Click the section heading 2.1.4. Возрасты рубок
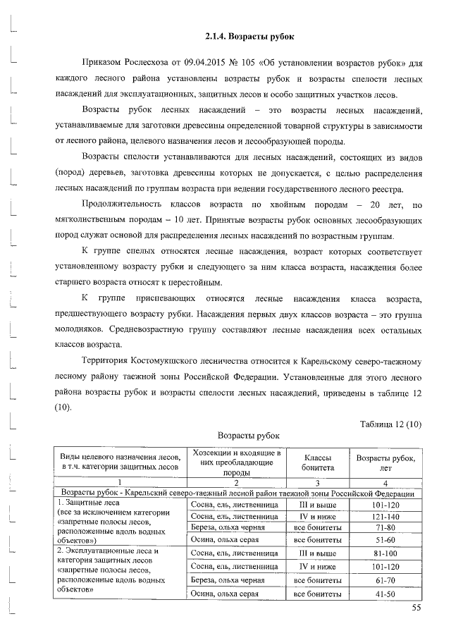pyautogui.click(x=244, y=36)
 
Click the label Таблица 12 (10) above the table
pyautogui.click(x=390, y=423)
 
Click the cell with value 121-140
pyautogui.click(x=386, y=517)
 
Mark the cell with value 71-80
pyautogui.click(x=386, y=528)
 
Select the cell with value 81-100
pyautogui.click(x=386, y=553)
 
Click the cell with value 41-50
pyautogui.click(x=386, y=594)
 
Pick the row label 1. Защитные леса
pyautogui.click(x=89, y=503)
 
